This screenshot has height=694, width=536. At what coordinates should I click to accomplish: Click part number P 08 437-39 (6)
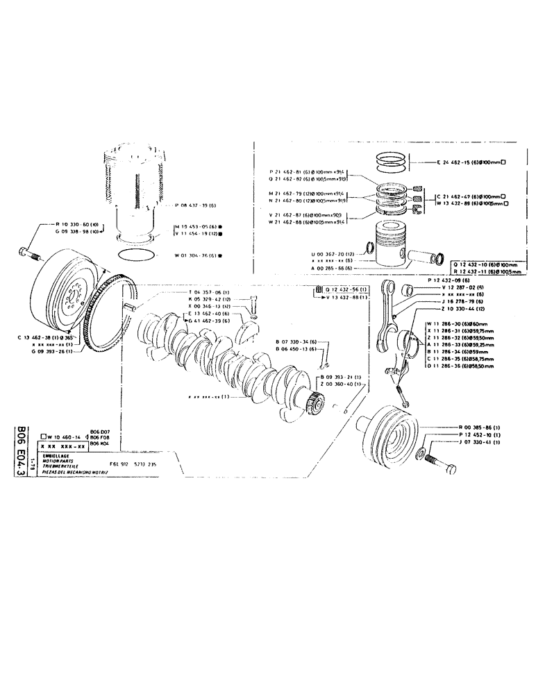click(x=197, y=205)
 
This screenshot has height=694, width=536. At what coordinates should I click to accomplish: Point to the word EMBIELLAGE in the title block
click(x=56, y=456)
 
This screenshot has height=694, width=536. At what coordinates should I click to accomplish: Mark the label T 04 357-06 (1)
click(x=212, y=292)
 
